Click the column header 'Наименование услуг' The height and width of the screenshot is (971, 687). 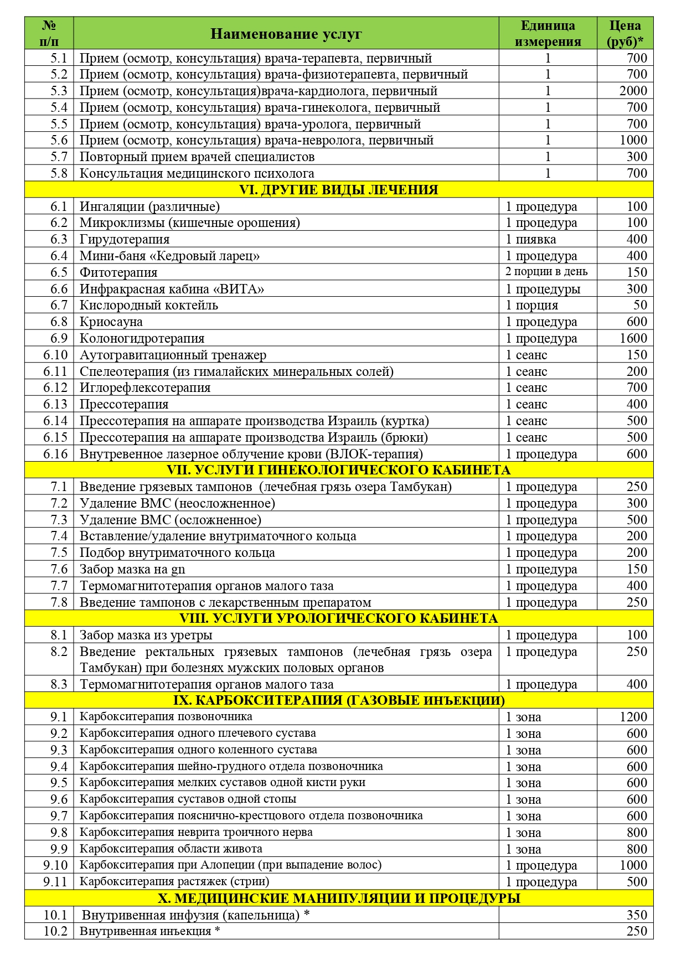(286, 34)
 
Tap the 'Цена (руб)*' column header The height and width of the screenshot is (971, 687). (625, 34)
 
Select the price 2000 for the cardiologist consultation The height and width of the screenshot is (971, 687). (633, 91)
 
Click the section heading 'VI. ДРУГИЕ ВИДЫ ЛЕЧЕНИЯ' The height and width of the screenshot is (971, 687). (338, 190)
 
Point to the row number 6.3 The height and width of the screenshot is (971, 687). (59, 239)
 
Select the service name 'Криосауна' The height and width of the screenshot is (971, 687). (111, 322)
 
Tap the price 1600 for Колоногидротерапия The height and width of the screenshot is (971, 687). (633, 338)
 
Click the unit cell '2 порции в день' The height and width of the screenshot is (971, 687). (546, 272)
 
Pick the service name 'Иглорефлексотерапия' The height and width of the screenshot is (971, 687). (145, 388)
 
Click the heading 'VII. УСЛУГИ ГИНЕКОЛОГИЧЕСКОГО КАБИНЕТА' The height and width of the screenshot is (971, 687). (338, 470)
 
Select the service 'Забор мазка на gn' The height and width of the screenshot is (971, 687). (132, 569)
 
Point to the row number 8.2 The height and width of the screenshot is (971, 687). (59, 652)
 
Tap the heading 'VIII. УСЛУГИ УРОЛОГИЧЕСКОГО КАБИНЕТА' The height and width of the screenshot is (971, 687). (338, 618)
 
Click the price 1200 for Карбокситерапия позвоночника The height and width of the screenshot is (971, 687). (633, 717)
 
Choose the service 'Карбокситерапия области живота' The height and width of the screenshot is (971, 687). (171, 849)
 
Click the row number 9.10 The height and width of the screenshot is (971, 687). (55, 865)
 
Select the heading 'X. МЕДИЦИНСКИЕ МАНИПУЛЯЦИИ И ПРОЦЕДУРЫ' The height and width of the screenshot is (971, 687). (338, 898)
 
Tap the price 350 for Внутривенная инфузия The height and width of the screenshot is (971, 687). (637, 915)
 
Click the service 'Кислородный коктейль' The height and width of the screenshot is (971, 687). (149, 305)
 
